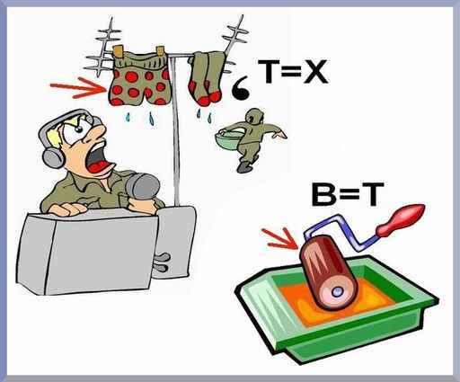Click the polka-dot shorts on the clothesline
pyautogui.click(x=139, y=78)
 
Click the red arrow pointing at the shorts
pyautogui.click(x=78, y=87)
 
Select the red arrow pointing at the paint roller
pyautogui.click(x=279, y=239)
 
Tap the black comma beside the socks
pyautogui.click(x=242, y=88)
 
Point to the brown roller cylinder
pyautogui.click(x=330, y=272)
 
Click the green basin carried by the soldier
pyautogui.click(x=228, y=138)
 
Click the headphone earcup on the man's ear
pyautogui.click(x=53, y=158)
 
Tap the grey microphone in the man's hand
pyautogui.click(x=141, y=186)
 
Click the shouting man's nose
pyautogui.click(x=99, y=132)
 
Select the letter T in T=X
pyautogui.click(x=269, y=72)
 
